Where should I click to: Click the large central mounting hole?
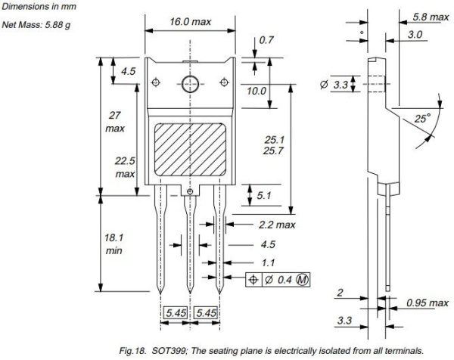189,82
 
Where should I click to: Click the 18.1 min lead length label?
114,244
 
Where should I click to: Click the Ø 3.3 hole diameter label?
334,85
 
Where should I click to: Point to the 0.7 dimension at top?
266,39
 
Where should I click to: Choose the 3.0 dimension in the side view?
415,35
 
